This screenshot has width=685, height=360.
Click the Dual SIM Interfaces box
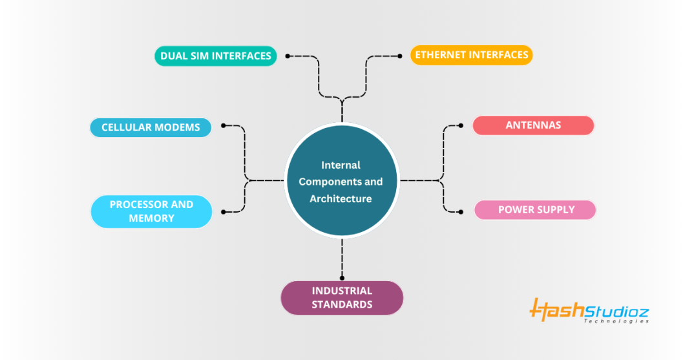tap(216, 56)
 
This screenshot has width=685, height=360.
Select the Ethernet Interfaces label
tap(472, 55)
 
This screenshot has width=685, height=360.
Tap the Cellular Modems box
tap(151, 127)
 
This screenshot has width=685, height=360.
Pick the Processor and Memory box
tap(151, 211)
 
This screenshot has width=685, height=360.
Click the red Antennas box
tap(533, 125)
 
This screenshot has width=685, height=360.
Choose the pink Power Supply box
tap(536, 210)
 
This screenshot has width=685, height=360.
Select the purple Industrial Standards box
tap(342, 298)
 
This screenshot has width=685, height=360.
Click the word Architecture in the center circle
tap(341, 198)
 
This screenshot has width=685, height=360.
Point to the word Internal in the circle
tap(341, 165)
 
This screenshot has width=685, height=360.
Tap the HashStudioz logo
tap(589, 310)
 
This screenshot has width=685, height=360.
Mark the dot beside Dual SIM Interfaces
tap(288, 56)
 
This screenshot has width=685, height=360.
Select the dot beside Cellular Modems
tap(223, 125)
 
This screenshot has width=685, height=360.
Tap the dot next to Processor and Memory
tap(223, 211)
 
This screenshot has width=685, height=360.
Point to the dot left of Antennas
tap(460, 125)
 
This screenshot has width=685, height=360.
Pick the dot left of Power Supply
tap(460, 211)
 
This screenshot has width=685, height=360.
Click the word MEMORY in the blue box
tap(151, 218)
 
